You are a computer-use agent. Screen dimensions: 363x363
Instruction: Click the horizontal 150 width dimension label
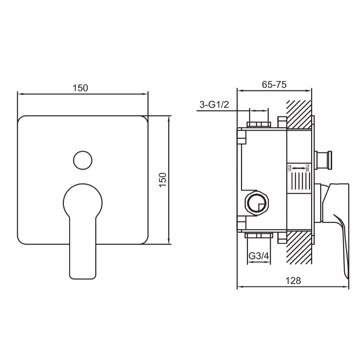pyautogui.click(x=80, y=88)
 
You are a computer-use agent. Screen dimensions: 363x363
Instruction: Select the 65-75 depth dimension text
pyautogui.click(x=274, y=85)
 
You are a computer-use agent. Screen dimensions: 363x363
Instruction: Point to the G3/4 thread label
pyautogui.click(x=259, y=256)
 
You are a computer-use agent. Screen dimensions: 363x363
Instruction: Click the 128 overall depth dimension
pyautogui.click(x=293, y=281)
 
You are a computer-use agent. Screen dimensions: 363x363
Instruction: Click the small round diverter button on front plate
pyautogui.click(x=82, y=160)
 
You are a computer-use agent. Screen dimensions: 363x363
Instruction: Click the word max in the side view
pyautogui.click(x=307, y=168)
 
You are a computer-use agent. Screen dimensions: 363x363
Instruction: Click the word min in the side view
pyautogui.click(x=290, y=168)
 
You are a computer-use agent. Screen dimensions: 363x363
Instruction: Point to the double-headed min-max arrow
pyautogui.click(x=298, y=168)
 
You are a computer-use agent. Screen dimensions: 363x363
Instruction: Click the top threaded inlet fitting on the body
pyautogui.click(x=258, y=125)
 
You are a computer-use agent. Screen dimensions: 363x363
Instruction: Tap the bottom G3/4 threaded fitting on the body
pyautogui.click(x=258, y=236)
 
